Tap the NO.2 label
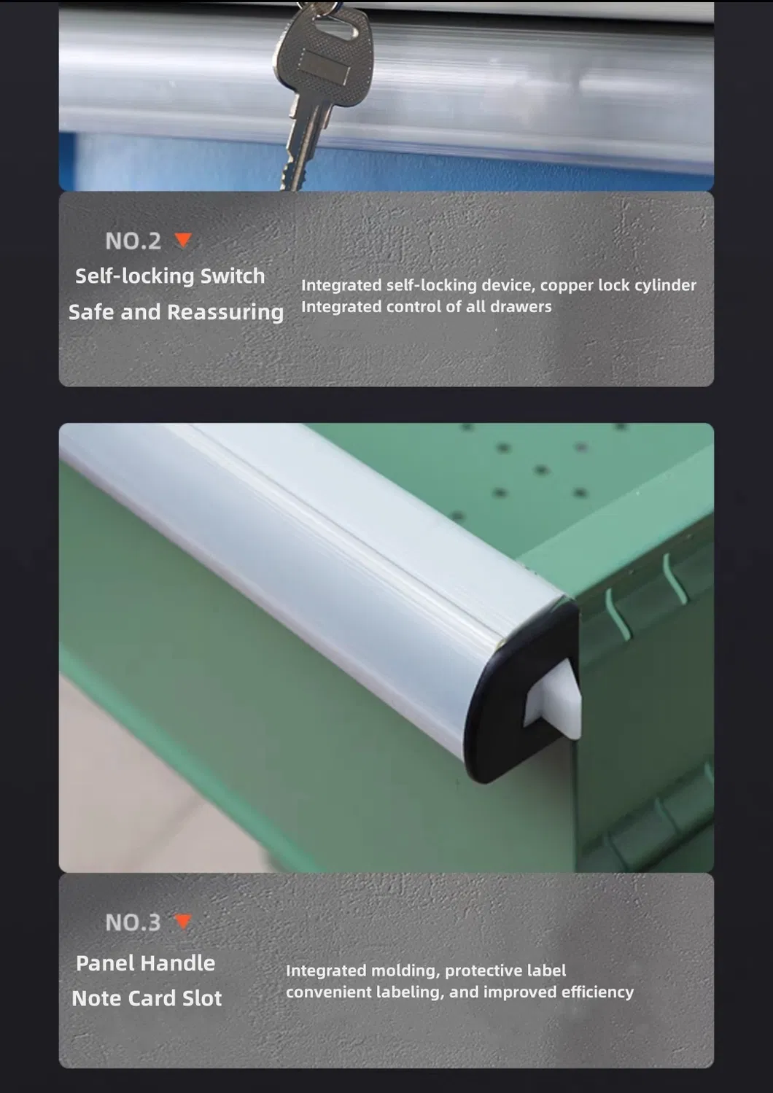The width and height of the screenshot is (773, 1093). [x=133, y=241]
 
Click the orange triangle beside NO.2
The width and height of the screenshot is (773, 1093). [x=184, y=240]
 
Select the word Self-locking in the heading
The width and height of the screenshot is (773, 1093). [x=135, y=276]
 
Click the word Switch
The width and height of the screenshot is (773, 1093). [x=233, y=276]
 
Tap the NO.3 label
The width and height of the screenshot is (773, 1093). [x=133, y=922]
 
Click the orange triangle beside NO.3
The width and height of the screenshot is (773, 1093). [x=183, y=921]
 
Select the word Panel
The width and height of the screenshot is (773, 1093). [x=106, y=963]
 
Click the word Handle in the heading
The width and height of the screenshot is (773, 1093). [x=178, y=963]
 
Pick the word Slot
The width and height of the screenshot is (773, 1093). [x=202, y=998]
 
